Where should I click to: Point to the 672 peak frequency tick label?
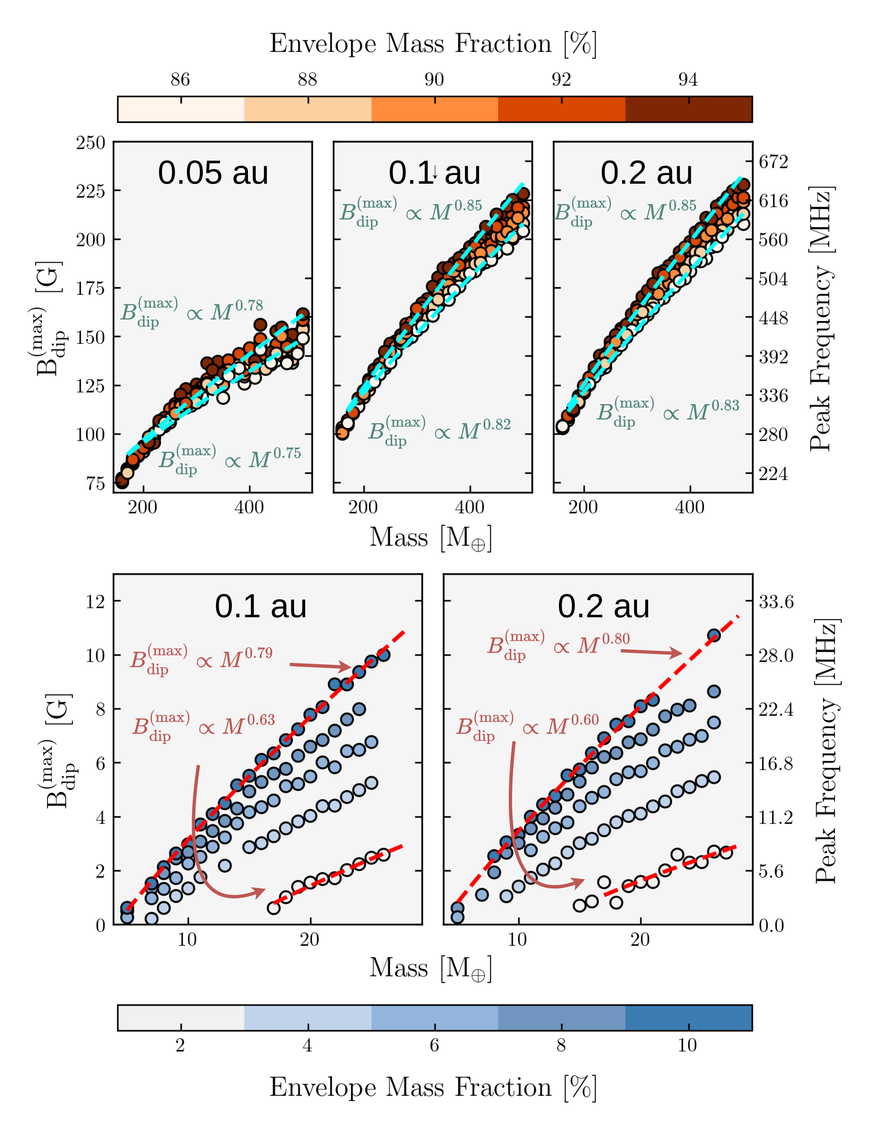773,162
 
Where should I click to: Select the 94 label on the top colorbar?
688,80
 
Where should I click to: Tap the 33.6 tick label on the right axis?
776,602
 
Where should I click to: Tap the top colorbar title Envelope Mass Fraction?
433,44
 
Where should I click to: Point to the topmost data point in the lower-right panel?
714,636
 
